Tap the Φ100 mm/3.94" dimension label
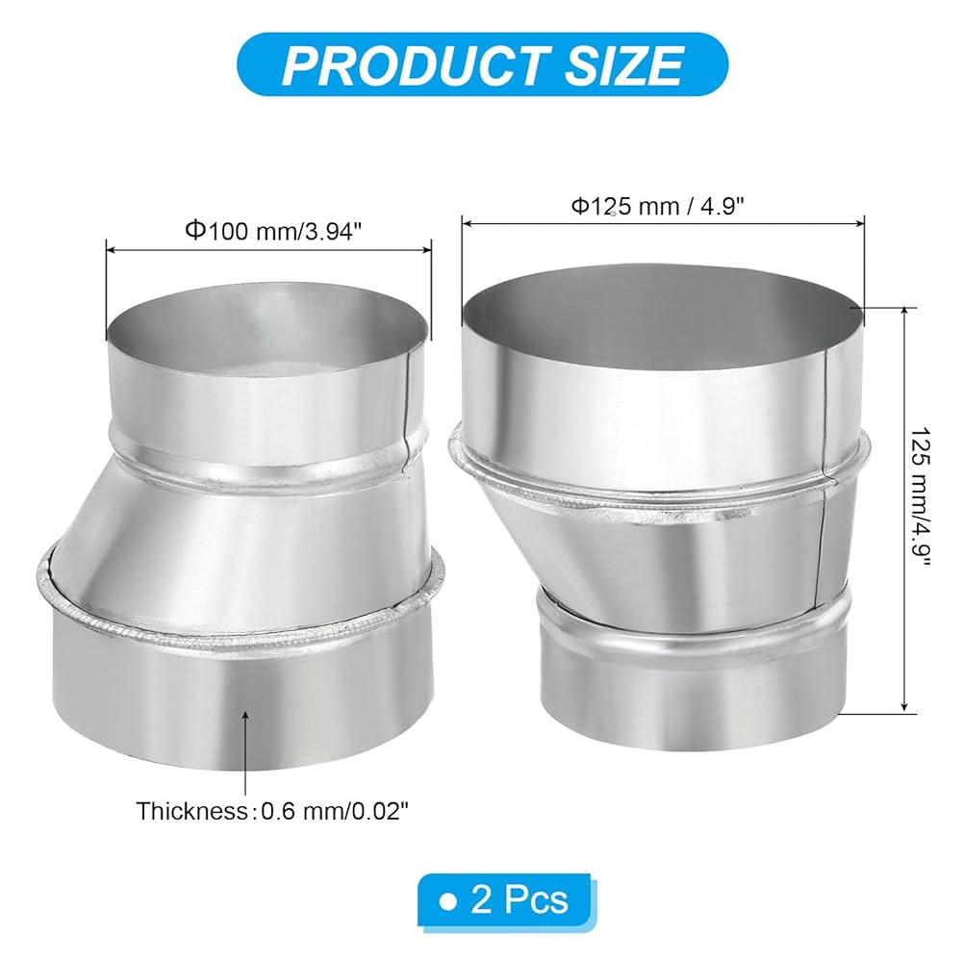[268, 231]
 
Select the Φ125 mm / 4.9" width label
[664, 205]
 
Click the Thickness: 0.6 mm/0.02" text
[272, 810]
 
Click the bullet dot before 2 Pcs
[445, 900]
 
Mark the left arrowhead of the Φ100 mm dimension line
[109, 249]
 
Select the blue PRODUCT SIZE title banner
[481, 64]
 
